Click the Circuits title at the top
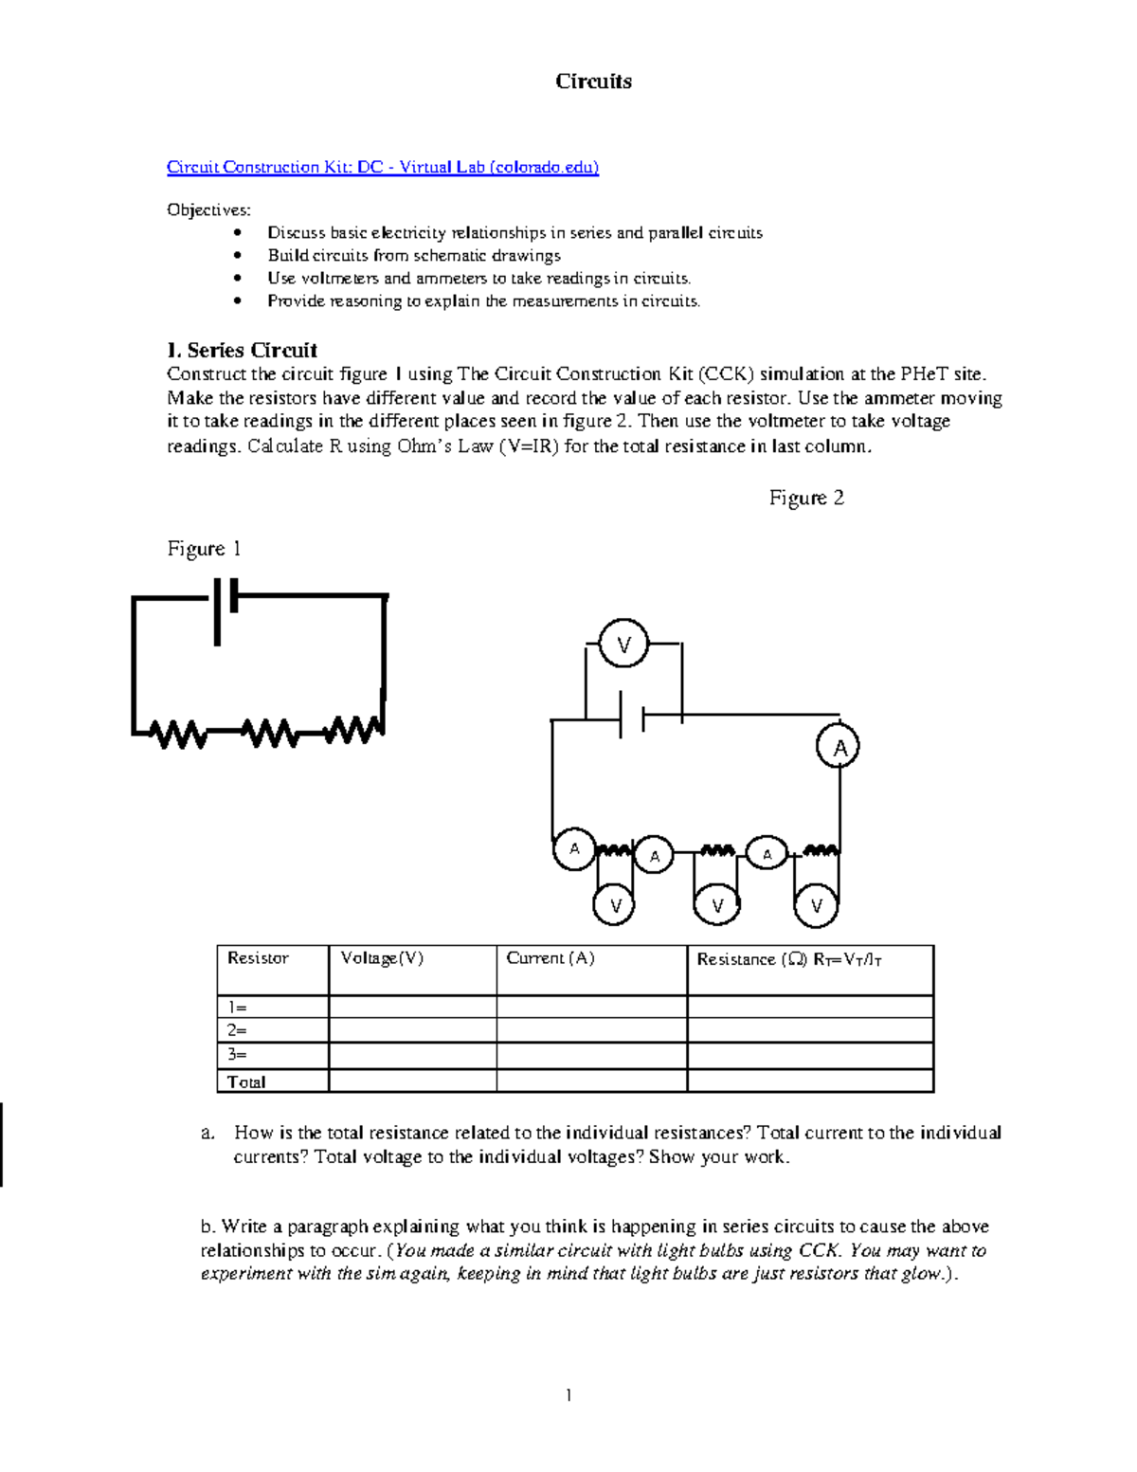[593, 82]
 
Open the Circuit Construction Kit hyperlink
[383, 168]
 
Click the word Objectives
[208, 209]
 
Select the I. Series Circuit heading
[242, 350]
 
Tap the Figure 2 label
[806, 499]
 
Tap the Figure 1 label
[204, 549]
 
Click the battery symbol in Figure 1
[225, 607]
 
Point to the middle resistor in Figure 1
[269, 733]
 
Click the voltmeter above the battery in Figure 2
[623, 645]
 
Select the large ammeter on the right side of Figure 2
[839, 747]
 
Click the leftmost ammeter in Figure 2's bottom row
[574, 848]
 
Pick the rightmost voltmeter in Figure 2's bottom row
[817, 906]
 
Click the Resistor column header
[258, 958]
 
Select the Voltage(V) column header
[382, 958]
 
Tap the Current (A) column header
[550, 958]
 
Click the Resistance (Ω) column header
[789, 959]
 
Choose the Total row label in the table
[246, 1081]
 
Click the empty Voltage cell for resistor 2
[412, 1030]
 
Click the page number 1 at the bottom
[568, 1394]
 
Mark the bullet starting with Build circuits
[414, 256]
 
